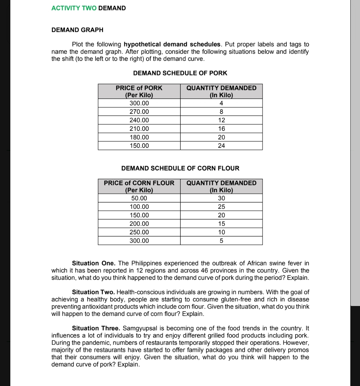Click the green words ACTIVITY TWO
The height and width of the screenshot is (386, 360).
click(x=74, y=8)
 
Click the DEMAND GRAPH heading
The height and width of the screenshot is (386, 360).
click(x=77, y=30)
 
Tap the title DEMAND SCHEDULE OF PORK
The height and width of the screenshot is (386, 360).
click(x=180, y=73)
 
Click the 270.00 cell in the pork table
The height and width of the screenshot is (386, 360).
click(x=139, y=112)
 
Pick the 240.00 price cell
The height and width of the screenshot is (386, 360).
click(x=139, y=120)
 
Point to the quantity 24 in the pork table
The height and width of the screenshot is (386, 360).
click(x=221, y=146)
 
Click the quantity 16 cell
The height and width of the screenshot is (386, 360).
click(x=221, y=129)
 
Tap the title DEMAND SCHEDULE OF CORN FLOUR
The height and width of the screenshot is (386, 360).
click(x=180, y=168)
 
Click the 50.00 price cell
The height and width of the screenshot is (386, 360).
click(x=139, y=198)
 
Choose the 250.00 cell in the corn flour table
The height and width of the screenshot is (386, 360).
click(x=139, y=232)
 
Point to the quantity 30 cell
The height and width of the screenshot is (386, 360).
click(x=221, y=198)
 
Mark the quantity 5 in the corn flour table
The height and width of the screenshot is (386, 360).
click(x=221, y=241)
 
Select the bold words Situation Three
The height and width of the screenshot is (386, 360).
click(x=96, y=328)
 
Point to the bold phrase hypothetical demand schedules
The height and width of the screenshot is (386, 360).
click(x=172, y=44)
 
